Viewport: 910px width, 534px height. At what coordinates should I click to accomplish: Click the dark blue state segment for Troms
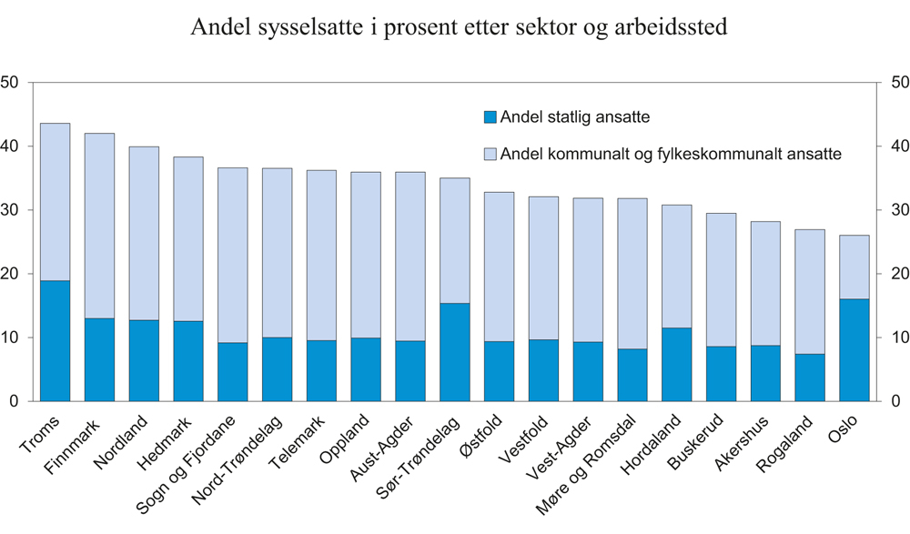click(55, 341)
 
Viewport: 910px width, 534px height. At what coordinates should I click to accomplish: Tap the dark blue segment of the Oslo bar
click(854, 350)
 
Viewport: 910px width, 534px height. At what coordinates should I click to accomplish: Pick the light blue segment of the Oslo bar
click(854, 267)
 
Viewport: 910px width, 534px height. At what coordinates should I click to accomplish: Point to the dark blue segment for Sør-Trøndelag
click(454, 352)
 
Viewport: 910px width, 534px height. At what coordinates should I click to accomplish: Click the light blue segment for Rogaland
click(810, 291)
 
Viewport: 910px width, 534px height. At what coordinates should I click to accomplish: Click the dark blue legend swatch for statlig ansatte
click(490, 117)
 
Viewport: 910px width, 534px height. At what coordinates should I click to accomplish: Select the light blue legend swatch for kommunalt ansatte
click(490, 155)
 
